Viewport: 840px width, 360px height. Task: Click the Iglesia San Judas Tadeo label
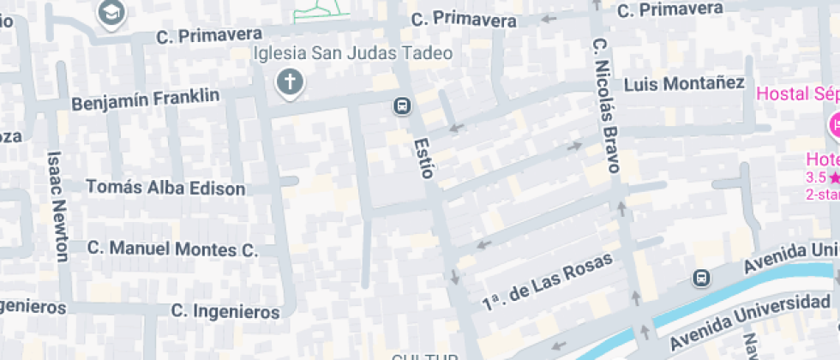pyautogui.click(x=353, y=53)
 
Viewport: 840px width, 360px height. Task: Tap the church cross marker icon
pyautogui.click(x=290, y=83)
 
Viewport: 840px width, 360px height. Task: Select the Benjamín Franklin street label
pyautogui.click(x=146, y=99)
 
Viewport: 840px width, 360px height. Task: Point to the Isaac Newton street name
pyautogui.click(x=57, y=206)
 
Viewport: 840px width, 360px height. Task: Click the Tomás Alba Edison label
pyautogui.click(x=165, y=188)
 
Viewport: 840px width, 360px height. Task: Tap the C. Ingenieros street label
pyautogui.click(x=225, y=310)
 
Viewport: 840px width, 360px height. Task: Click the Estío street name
pyautogui.click(x=423, y=158)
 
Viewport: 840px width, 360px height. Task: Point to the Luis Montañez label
pyautogui.click(x=684, y=84)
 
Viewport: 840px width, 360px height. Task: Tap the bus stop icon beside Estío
pyautogui.click(x=400, y=105)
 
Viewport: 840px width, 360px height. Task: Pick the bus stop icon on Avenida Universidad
pyautogui.click(x=701, y=278)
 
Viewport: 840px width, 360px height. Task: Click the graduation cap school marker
pyautogui.click(x=111, y=12)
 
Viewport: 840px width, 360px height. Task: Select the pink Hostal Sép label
pyautogui.click(x=797, y=93)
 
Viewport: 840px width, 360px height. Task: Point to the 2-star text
pyautogui.click(x=822, y=195)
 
